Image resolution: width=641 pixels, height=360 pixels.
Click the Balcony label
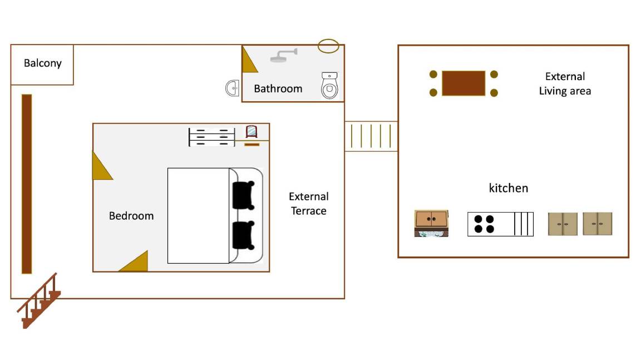[42, 63]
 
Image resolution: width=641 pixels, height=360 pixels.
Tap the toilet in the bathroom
[329, 86]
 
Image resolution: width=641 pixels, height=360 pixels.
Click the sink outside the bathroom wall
[233, 88]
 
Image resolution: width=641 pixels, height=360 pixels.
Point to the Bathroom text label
[278, 88]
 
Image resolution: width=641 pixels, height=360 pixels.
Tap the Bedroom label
[131, 216]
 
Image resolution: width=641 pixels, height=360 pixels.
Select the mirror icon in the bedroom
[252, 132]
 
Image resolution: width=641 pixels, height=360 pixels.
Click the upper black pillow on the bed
[243, 195]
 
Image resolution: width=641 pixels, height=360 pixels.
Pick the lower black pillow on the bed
[243, 235]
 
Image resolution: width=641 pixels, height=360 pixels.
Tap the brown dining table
[464, 83]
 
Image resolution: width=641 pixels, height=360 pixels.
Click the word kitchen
[508, 188]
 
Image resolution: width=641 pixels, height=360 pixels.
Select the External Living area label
[565, 83]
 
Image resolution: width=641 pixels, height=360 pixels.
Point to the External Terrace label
[308, 204]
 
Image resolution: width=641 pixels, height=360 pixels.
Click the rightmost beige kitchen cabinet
[598, 224]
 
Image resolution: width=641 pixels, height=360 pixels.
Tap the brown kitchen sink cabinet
[431, 223]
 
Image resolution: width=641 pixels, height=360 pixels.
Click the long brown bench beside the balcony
[27, 184]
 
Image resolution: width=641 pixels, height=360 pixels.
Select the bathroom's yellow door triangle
[248, 61]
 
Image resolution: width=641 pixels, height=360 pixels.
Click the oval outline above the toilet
[328, 46]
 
